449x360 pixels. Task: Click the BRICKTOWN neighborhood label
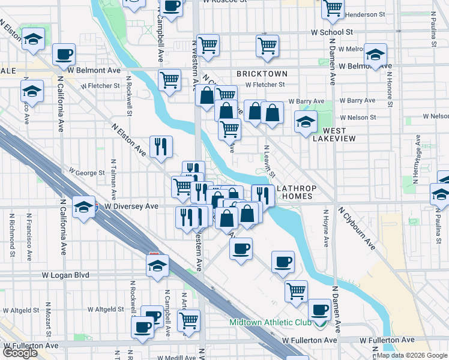[262, 73]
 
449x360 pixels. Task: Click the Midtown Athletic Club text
[270, 323]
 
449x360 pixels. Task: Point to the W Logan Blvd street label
[65, 275]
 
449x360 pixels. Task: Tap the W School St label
[331, 32]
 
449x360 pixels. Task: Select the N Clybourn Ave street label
[356, 229]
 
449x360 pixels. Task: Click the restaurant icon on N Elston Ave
[160, 146]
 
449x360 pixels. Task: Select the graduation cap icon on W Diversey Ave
[83, 207]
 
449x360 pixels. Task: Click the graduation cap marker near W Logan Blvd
[158, 265]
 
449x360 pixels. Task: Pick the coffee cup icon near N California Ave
[63, 54]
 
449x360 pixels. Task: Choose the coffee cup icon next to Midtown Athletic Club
[319, 310]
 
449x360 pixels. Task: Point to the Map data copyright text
[412, 355]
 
